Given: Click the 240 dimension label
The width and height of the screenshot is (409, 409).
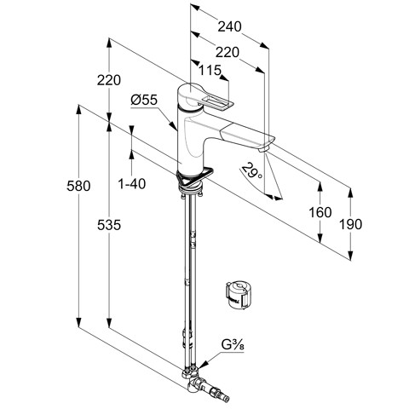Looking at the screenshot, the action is tap(229, 26).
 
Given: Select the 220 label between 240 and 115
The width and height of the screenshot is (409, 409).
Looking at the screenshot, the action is tap(228, 53).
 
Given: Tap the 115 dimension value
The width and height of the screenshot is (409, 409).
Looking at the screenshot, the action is tap(210, 70).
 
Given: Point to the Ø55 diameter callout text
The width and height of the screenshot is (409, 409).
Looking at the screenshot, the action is tap(144, 100).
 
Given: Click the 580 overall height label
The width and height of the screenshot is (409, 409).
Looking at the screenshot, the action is tap(78, 186).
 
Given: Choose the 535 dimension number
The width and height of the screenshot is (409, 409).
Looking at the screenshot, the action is tap(109, 225).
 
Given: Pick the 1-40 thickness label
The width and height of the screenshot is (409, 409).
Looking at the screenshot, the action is tap(132, 184).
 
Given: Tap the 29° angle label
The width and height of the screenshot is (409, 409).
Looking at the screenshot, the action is tap(252, 170).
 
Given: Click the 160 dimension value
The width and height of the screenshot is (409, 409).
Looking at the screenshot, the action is tap(320, 212).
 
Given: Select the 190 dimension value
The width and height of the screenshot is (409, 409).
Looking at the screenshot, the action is tap(351, 224).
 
